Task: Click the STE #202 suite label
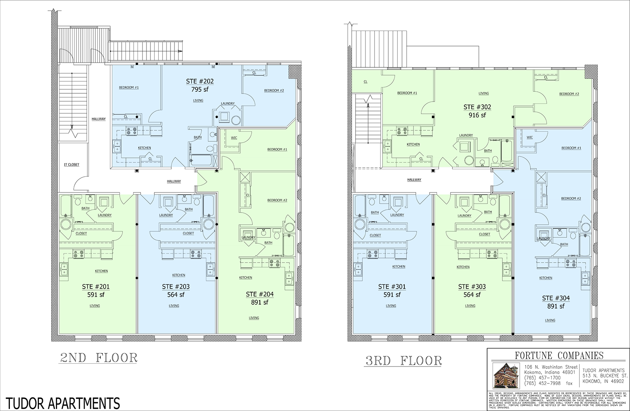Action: point(200,81)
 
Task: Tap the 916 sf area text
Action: point(477,115)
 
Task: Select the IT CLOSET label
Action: point(71,165)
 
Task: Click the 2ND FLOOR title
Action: point(98,358)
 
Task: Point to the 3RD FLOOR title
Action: point(403,361)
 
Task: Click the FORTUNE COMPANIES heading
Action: point(559,355)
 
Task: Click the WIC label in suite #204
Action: point(234,138)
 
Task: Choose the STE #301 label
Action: point(391,287)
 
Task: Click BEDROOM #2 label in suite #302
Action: point(569,94)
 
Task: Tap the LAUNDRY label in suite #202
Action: point(228,104)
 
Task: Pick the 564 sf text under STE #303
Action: point(472,294)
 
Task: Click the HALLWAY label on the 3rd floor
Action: point(414,180)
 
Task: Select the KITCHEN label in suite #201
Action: point(101,271)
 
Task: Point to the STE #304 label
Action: point(556,298)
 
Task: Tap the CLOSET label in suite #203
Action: point(188,233)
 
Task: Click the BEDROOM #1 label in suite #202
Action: point(129,87)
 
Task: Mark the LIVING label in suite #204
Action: point(254,318)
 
